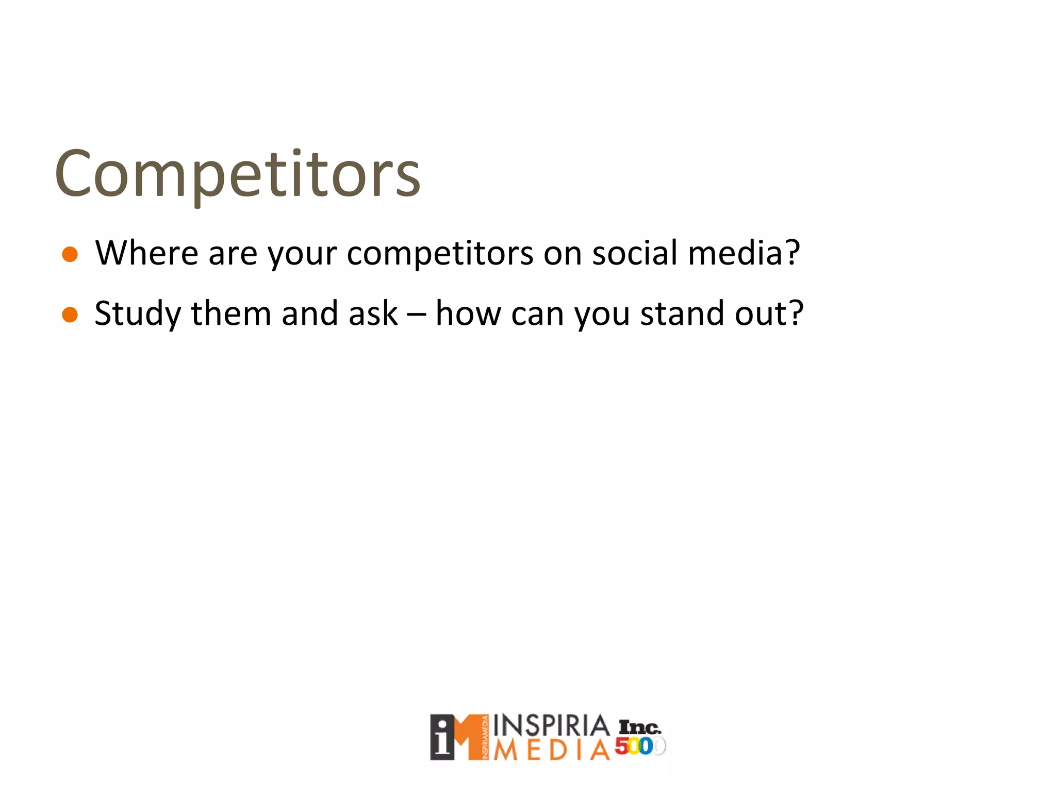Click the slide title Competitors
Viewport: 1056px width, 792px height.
click(238, 174)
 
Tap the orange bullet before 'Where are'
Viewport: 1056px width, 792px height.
click(70, 255)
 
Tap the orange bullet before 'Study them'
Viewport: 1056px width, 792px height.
click(70, 315)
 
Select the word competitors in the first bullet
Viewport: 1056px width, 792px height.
click(440, 254)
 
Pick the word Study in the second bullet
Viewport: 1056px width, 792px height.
click(138, 315)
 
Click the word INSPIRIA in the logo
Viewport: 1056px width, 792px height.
click(551, 725)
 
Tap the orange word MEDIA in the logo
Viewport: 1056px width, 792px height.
click(551, 750)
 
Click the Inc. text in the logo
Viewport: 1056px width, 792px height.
click(639, 728)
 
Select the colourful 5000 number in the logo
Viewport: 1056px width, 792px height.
click(639, 746)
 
